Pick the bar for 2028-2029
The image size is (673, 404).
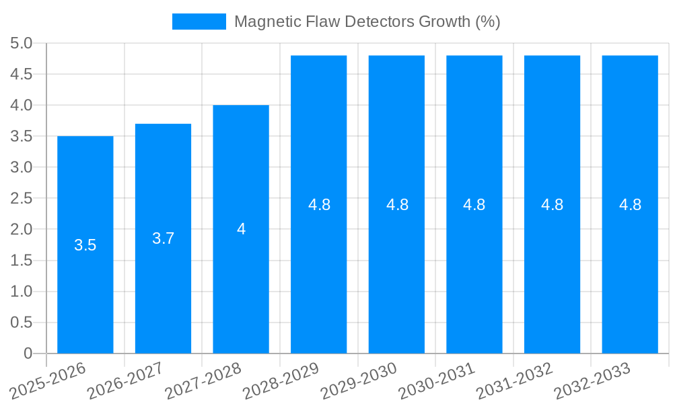[319, 269]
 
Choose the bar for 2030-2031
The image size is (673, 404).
[474, 269]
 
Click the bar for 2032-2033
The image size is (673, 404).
[630, 269]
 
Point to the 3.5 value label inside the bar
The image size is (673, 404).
[85, 245]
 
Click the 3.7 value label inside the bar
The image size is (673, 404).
[163, 238]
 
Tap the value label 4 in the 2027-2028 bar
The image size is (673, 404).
[241, 229]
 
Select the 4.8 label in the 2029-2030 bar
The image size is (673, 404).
[397, 205]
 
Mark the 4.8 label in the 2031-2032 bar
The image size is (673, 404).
[553, 205]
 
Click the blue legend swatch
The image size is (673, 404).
[199, 22]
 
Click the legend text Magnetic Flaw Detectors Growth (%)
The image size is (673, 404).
[367, 22]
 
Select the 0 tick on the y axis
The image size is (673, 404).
[28, 353]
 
